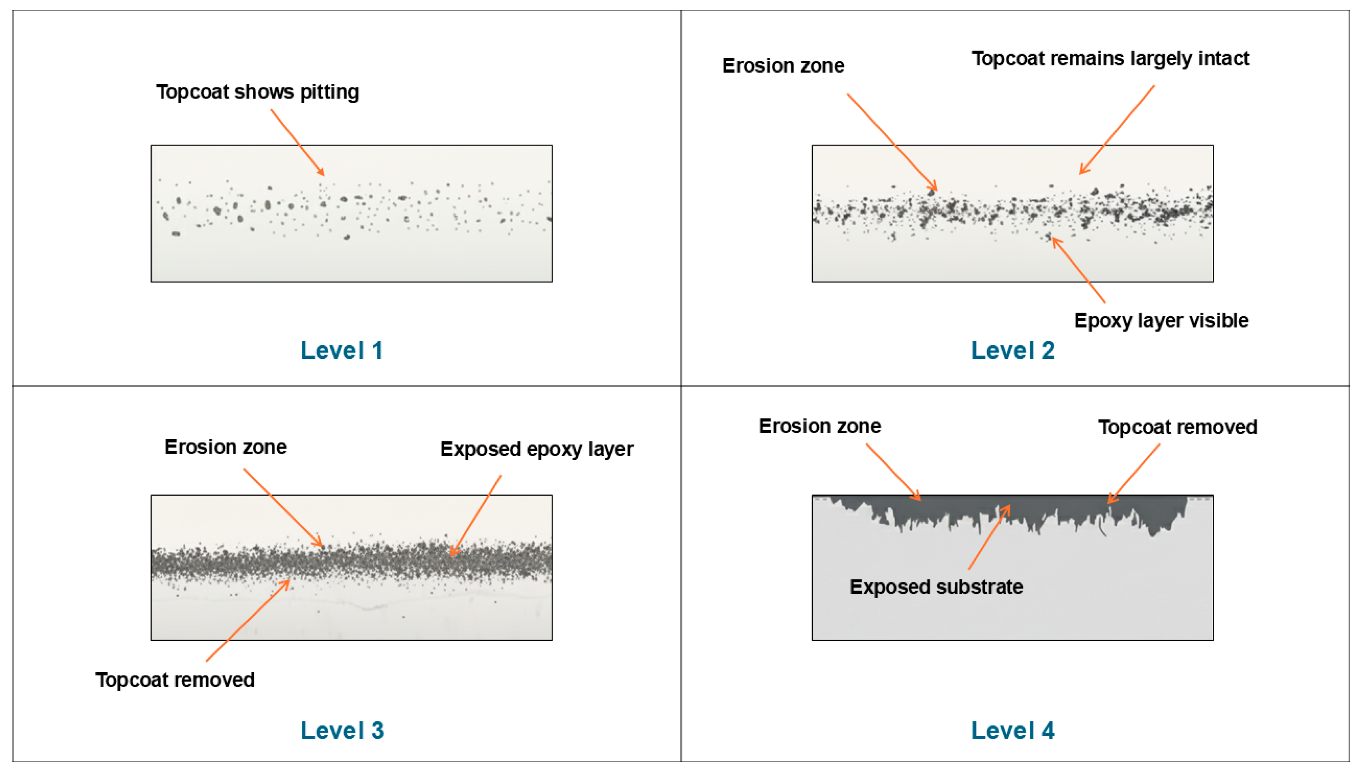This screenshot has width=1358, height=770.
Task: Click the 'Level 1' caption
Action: coord(341,351)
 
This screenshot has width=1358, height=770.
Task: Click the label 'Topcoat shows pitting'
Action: coord(257,92)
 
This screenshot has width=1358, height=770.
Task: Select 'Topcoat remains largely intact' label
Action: coord(1110,58)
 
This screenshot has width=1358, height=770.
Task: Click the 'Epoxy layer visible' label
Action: coord(1161,320)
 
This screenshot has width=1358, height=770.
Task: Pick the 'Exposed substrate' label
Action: coord(936,587)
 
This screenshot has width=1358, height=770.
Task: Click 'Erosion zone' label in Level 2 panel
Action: coord(783,66)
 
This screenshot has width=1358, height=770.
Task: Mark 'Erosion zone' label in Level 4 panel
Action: coord(820,426)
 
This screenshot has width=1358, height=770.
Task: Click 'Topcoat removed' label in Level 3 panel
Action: coord(175,680)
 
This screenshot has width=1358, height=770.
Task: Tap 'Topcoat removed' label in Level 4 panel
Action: coord(1177,427)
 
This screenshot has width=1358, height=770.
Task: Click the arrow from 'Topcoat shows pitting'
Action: coord(297,142)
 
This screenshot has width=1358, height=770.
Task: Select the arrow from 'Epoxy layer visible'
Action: coord(1079,270)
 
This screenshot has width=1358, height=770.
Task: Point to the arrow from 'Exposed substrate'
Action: coord(989,537)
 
